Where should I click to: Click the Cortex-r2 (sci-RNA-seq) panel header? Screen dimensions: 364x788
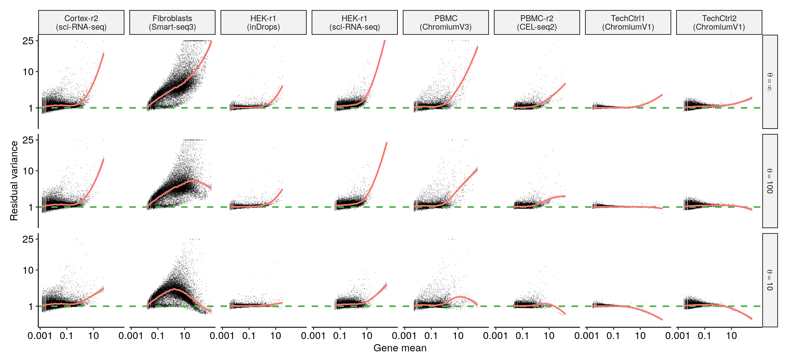pyautogui.click(x=81, y=22)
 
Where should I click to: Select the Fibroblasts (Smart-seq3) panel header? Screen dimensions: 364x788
pyautogui.click(x=172, y=22)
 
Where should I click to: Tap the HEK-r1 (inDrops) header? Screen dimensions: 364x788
pyautogui.click(x=263, y=22)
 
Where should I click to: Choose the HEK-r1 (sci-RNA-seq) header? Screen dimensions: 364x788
pyautogui.click(x=355, y=22)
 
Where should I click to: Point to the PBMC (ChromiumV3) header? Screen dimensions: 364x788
pyautogui.click(x=445, y=22)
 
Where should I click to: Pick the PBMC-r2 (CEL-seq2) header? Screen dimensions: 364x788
pyautogui.click(x=537, y=22)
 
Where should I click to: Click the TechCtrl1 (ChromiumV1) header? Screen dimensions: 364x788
pyautogui.click(x=628, y=22)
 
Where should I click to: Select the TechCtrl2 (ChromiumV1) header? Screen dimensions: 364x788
pyautogui.click(x=719, y=22)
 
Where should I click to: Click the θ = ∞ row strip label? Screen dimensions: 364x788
pyautogui.click(x=770, y=82)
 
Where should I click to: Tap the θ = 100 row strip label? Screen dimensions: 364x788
pyautogui.click(x=770, y=181)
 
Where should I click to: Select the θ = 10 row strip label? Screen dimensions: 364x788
pyautogui.click(x=770, y=280)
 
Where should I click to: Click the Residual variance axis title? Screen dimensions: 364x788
pyautogui.click(x=14, y=181)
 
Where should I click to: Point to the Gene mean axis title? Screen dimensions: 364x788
pyautogui.click(x=400, y=348)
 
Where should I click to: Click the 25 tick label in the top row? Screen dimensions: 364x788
pyautogui.click(x=28, y=41)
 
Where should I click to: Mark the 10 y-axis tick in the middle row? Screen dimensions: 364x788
pyautogui.click(x=28, y=171)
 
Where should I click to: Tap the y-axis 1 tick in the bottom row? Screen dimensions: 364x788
pyautogui.click(x=31, y=306)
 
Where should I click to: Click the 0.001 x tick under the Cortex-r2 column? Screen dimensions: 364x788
pyautogui.click(x=40, y=336)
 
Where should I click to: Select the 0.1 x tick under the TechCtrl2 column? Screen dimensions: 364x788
pyautogui.click(x=704, y=336)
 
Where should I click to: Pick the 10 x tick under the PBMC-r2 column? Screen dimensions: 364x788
pyautogui.click(x=549, y=336)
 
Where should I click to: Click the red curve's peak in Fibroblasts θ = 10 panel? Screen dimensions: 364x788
pyautogui.click(x=174, y=289)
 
